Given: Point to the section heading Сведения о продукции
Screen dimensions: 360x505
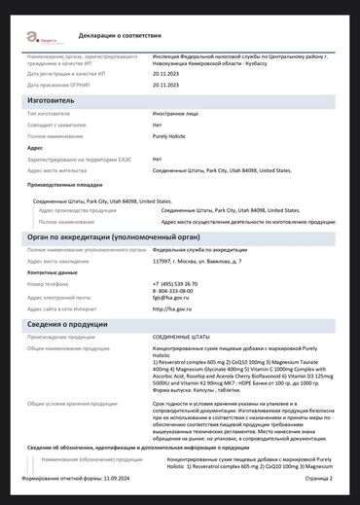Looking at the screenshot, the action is [x=74, y=323].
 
